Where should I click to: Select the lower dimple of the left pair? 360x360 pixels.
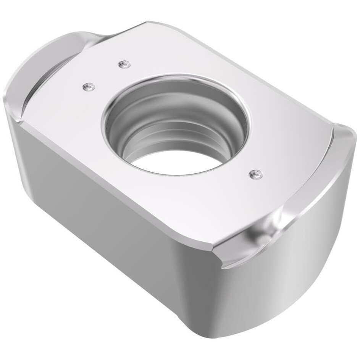click(x=88, y=87)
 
